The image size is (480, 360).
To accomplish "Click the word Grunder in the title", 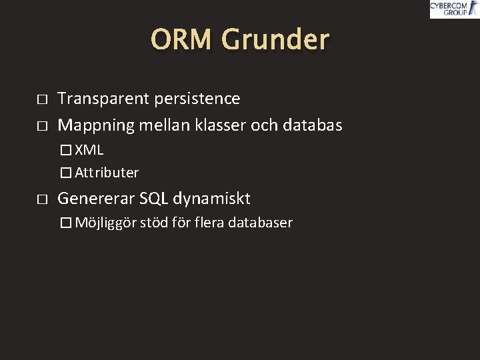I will click(x=275, y=40).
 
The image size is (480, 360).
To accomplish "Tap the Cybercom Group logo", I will click(x=453, y=9).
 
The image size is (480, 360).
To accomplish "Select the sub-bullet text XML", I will click(x=89, y=150).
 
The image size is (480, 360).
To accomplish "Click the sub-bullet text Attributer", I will click(x=107, y=173).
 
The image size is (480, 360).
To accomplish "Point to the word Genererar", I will click(x=96, y=199).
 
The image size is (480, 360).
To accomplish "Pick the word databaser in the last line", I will click(x=261, y=223).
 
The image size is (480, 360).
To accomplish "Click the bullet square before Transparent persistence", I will click(x=41, y=99).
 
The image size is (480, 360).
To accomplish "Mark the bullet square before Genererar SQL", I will click(x=41, y=199).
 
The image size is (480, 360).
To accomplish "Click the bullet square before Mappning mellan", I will click(x=41, y=125).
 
